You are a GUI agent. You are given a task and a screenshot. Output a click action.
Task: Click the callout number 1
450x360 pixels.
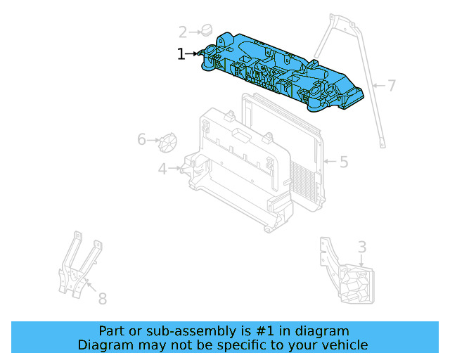coord(181,54)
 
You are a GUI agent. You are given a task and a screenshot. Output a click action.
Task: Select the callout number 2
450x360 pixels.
coord(183,32)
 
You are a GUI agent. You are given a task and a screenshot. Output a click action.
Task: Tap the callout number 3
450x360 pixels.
coord(361,247)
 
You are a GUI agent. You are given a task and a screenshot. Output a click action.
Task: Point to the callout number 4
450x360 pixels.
coord(162,169)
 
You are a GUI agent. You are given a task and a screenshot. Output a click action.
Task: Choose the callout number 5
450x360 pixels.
coord(343,162)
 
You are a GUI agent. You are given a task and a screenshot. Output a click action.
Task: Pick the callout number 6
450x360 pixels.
coord(141,140)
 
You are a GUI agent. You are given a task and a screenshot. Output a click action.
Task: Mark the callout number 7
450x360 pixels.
coord(392,86)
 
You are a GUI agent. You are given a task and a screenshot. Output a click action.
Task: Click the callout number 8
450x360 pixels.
coord(102,299)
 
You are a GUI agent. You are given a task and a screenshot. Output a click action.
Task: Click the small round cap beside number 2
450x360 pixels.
coord(206,30)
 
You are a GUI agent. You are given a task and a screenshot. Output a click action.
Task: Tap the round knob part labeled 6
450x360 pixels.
coord(167,141)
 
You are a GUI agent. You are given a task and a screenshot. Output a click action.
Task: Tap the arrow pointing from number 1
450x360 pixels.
coord(194,53)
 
